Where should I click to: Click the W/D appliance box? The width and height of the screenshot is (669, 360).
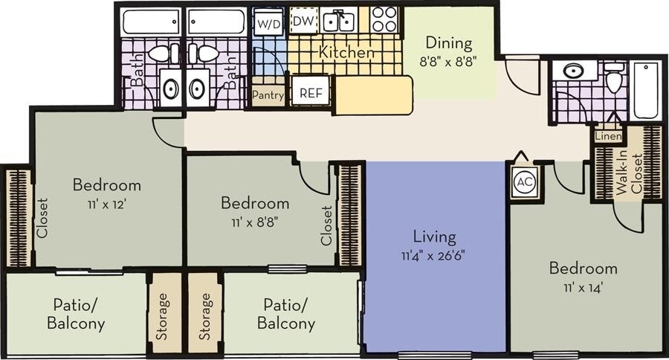269,22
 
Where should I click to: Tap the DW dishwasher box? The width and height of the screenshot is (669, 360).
302,21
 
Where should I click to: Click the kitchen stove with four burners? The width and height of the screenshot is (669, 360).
384,20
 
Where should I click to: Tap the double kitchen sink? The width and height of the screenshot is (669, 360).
338,21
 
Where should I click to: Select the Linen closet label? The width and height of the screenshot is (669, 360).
607,136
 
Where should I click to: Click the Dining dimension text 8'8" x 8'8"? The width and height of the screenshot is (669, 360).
449,60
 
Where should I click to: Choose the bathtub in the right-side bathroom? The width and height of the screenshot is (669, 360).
644,91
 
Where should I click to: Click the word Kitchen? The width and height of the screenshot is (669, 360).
346,53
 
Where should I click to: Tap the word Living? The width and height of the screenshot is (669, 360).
435,237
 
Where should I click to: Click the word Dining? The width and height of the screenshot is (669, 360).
449,44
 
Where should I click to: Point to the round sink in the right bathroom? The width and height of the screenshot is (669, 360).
573,71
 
